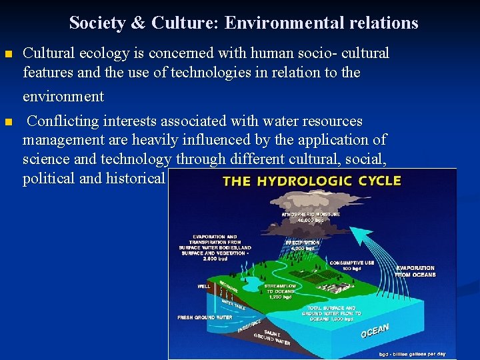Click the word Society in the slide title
pyautogui.click(x=97, y=23)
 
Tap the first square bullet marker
pyautogui.click(x=7, y=53)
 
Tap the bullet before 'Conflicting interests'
pyautogui.click(x=7, y=122)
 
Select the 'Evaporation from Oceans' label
pyautogui.click(x=415, y=271)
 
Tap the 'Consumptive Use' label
pyautogui.click(x=351, y=264)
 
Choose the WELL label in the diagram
pyautogui.click(x=203, y=287)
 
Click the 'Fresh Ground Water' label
pyautogui.click(x=205, y=317)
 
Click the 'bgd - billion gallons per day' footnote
pyautogui.click(x=412, y=353)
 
